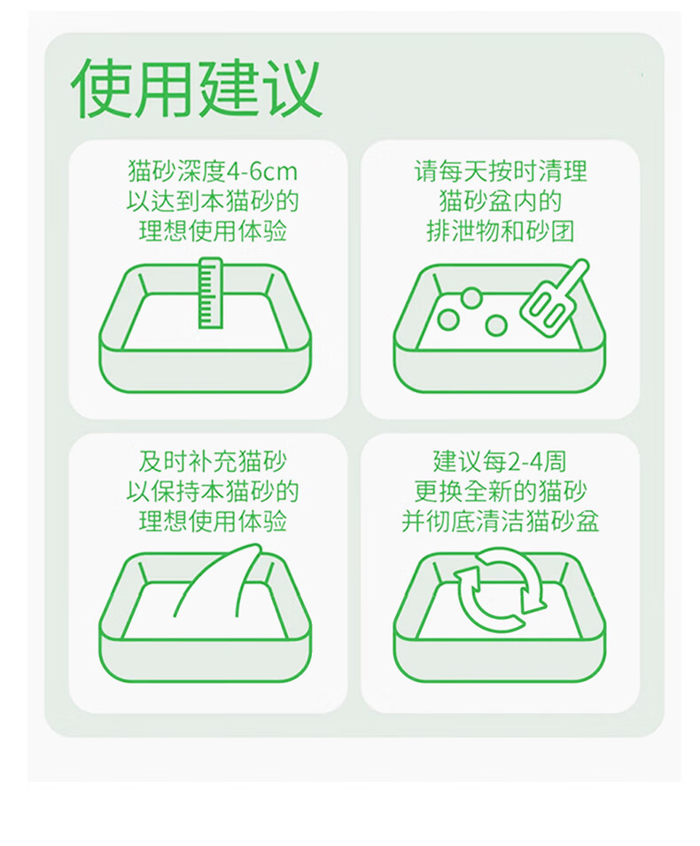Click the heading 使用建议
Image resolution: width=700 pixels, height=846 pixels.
coord(197,89)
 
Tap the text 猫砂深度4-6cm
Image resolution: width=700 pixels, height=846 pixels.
coord(213,171)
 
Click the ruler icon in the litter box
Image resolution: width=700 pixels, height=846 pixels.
coord(210,293)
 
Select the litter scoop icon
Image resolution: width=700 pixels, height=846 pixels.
coord(555,294)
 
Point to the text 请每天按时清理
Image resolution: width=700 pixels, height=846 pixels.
coord(500,171)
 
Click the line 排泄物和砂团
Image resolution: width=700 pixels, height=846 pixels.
coord(500,231)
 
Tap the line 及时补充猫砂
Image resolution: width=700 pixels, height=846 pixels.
coord(213,462)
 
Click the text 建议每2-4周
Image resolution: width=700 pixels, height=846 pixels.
coord(500,462)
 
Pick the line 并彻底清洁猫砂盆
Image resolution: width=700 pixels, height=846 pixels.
coord(500,521)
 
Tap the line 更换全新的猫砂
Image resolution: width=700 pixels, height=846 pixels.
coord(500,491)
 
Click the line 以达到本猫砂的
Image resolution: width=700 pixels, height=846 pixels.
coord(213,201)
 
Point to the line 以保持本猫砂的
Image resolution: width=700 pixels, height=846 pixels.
coord(213,491)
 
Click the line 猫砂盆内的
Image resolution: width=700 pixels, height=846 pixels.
coord(500,201)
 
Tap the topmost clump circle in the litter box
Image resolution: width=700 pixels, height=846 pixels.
coord(471,298)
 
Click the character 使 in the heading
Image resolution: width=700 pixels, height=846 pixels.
coord(101,89)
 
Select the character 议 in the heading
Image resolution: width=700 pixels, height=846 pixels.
coord(292,89)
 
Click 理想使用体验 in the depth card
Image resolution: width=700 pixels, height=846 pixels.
coord(213,231)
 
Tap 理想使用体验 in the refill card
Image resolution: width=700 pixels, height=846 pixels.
coord(213,521)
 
